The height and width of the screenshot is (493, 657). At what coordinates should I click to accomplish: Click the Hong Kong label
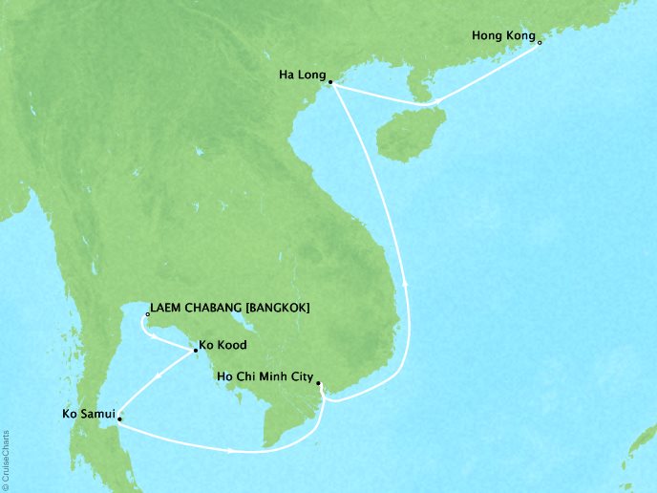tap(503, 37)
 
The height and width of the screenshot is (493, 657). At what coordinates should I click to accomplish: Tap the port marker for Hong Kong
tap(540, 42)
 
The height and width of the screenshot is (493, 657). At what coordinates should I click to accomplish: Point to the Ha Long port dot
tap(329, 83)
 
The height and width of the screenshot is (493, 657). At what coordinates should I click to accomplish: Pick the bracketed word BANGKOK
tap(278, 308)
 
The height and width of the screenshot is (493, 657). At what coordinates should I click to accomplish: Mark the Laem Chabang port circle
tap(146, 313)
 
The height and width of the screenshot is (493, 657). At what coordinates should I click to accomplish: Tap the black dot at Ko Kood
tap(196, 350)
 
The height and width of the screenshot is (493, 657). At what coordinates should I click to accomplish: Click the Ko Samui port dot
tap(119, 418)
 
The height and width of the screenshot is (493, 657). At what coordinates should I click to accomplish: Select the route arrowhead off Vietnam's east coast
tap(410, 284)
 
